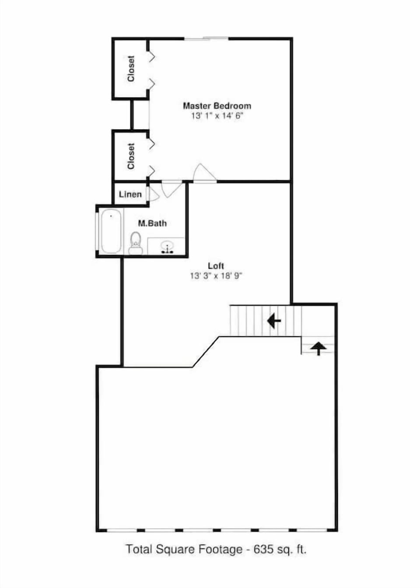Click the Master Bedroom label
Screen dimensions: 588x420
[217, 106]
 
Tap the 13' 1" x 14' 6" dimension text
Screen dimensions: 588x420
[217, 116]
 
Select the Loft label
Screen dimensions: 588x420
[216, 266]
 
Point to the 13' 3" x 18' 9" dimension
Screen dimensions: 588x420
[216, 276]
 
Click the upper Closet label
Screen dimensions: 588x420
[131, 68]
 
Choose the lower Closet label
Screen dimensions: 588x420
[131, 156]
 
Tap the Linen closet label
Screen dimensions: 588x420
[130, 194]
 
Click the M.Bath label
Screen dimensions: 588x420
[152, 223]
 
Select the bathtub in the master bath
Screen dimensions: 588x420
[111, 231]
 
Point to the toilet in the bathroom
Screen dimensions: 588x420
[136, 244]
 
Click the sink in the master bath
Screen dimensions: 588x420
[167, 247]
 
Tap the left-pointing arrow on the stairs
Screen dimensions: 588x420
[274, 321]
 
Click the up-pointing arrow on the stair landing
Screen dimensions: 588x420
[318, 348]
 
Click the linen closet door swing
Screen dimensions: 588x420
[153, 194]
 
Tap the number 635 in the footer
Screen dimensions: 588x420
[263, 549]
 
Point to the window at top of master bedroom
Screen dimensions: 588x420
[206, 39]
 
